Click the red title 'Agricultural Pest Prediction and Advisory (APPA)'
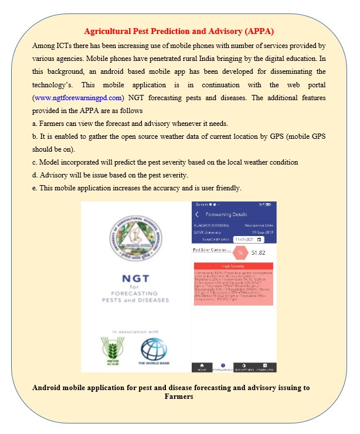179,30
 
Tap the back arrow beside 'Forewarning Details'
198,215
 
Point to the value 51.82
259,252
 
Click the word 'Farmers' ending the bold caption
179,397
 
